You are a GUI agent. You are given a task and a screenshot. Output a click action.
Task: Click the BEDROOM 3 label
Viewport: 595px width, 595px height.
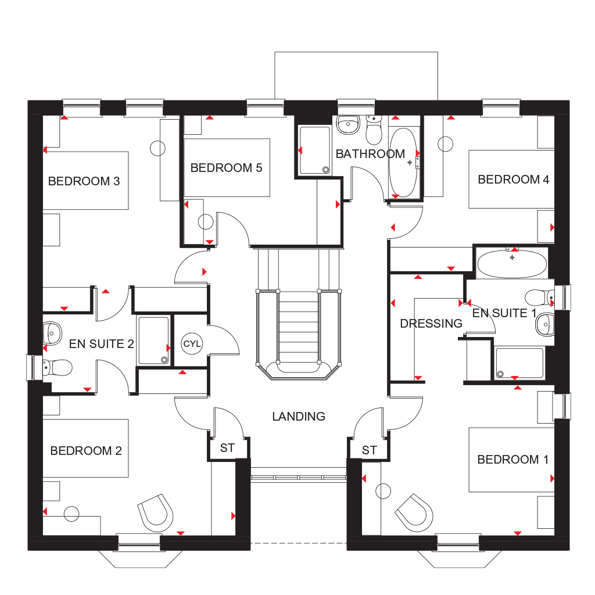coord(84,181)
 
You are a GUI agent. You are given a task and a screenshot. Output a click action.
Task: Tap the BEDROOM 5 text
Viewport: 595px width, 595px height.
coord(226,168)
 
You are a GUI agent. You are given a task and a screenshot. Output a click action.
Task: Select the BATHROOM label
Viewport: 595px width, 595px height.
coord(370,154)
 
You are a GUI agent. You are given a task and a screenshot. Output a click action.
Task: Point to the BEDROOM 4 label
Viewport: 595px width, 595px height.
coord(513,180)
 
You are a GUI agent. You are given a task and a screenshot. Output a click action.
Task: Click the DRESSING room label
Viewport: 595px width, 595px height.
coord(431,324)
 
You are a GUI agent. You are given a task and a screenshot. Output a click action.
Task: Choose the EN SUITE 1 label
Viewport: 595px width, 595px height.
coord(504,314)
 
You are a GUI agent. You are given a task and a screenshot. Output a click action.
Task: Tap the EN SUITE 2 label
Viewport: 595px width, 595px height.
coord(101,344)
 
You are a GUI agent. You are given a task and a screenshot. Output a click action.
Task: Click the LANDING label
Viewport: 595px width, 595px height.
coord(299,417)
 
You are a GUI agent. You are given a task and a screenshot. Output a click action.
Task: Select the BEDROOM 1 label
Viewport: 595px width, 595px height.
coord(512,460)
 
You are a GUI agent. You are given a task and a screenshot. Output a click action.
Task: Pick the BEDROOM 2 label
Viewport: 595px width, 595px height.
coord(86,451)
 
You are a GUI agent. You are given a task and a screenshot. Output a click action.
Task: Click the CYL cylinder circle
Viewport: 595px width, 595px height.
coord(192,343)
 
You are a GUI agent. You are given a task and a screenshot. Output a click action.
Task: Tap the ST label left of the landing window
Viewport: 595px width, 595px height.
coord(227,449)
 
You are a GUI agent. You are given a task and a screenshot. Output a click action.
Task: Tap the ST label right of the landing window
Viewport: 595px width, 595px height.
coord(369,450)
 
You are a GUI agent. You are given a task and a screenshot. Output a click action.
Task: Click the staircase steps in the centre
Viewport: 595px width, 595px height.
coord(298,325)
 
